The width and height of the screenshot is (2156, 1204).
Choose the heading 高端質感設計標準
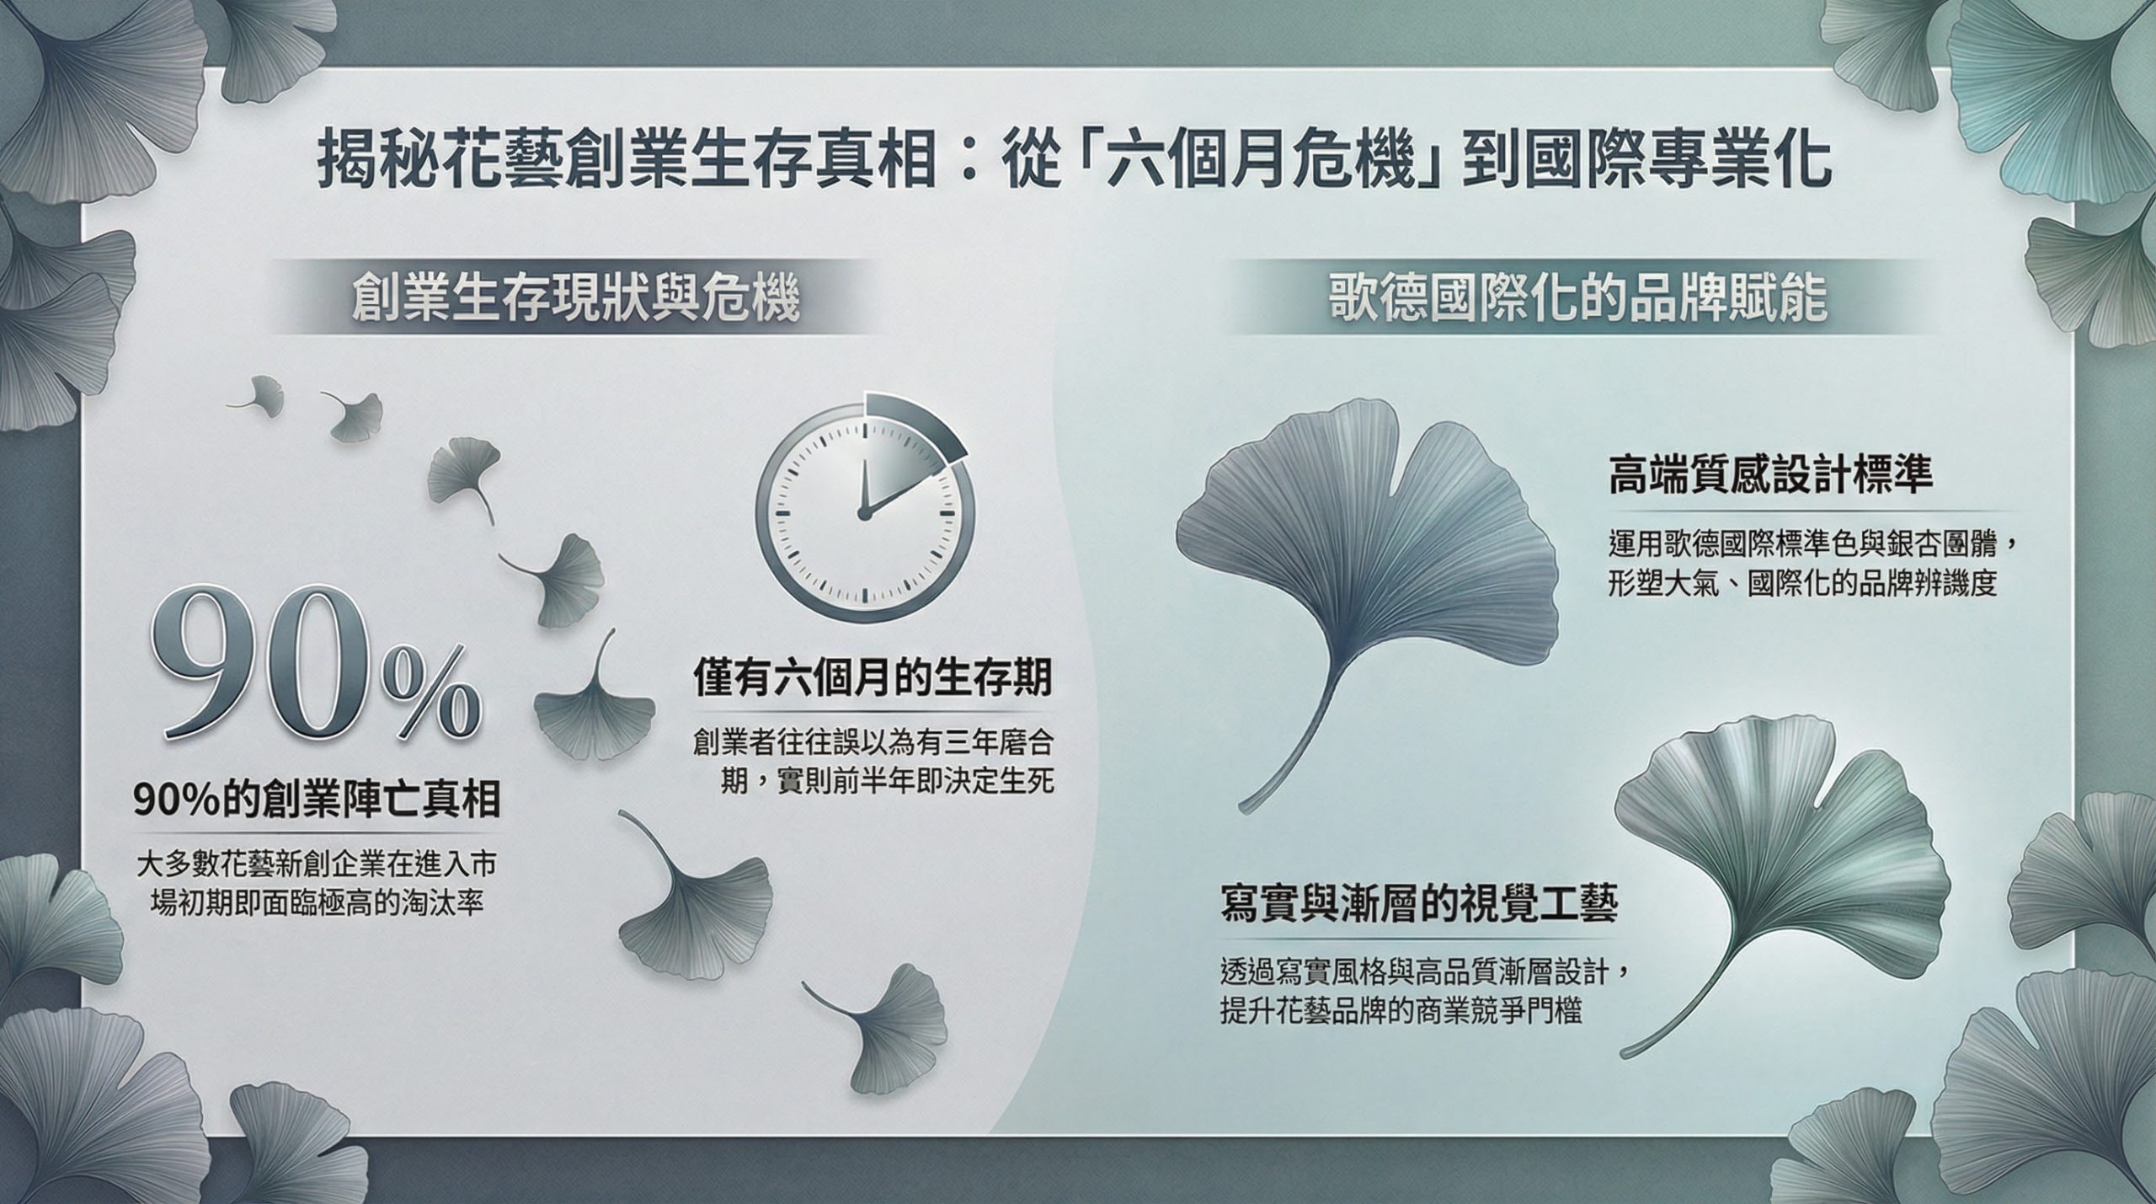point(1770,475)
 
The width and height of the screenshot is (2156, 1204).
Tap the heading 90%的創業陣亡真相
point(318,799)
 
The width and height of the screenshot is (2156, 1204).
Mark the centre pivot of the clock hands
point(862,512)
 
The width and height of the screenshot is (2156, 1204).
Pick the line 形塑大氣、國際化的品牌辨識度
point(1802,583)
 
